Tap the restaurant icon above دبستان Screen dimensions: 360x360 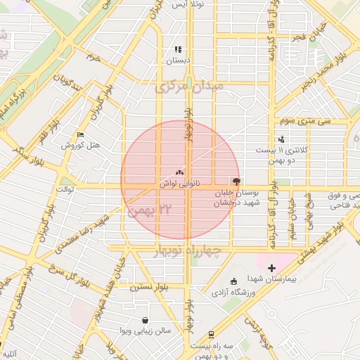point(178,50)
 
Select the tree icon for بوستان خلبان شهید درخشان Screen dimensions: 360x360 point(235,181)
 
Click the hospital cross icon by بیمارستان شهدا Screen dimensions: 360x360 point(271,269)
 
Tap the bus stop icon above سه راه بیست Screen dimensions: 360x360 point(212,334)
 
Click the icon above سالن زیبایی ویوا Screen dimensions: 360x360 point(145,320)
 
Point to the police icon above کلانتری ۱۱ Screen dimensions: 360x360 point(281,139)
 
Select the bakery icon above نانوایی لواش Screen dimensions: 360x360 point(179,172)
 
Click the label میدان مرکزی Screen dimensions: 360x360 point(191,87)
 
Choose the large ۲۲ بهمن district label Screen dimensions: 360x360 point(155,209)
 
